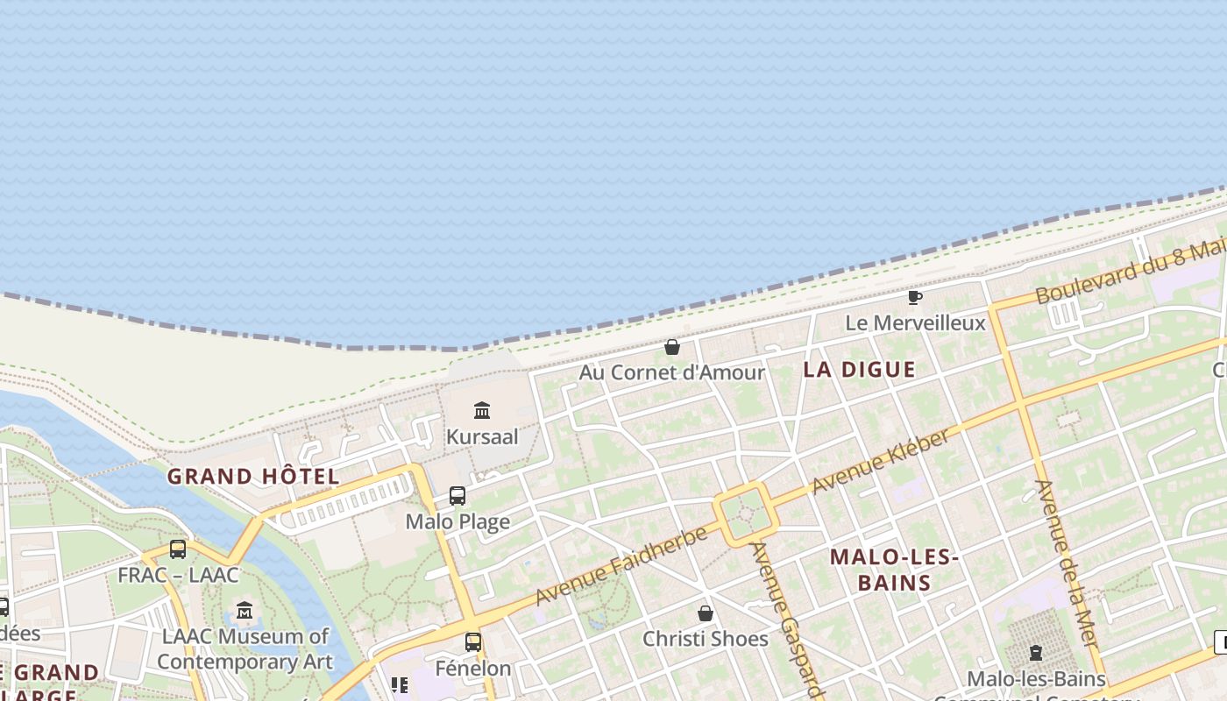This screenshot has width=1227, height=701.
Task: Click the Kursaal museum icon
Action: coord(482,410)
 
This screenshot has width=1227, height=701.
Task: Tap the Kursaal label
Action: coord(482,436)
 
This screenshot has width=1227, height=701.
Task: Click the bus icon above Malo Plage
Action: coord(457,496)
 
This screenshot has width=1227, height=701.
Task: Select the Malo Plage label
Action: coord(457,522)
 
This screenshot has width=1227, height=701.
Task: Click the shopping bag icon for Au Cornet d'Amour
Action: coord(672,347)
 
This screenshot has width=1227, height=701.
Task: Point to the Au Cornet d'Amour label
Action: coord(672,372)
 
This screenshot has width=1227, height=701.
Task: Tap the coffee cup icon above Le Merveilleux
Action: coord(915,298)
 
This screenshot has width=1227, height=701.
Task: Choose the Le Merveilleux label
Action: coord(915,323)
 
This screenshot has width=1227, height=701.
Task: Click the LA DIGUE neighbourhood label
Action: coord(859,370)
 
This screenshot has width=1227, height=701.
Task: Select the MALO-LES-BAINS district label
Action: coord(894,570)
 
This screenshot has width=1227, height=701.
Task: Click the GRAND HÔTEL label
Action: coord(253,477)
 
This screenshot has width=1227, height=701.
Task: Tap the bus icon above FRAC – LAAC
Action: coord(178,549)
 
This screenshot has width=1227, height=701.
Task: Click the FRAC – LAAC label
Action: coord(178,576)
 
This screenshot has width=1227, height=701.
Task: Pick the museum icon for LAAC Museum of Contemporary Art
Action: coord(245,611)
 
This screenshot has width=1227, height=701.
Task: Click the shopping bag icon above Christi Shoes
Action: coord(706,613)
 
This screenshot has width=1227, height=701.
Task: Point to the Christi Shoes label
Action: coord(706,639)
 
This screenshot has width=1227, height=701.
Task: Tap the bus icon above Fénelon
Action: coord(473,642)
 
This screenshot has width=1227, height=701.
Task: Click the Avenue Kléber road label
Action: coord(880,462)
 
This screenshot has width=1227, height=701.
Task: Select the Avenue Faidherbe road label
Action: coord(621,565)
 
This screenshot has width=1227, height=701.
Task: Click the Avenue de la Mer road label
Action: coord(1067,565)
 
